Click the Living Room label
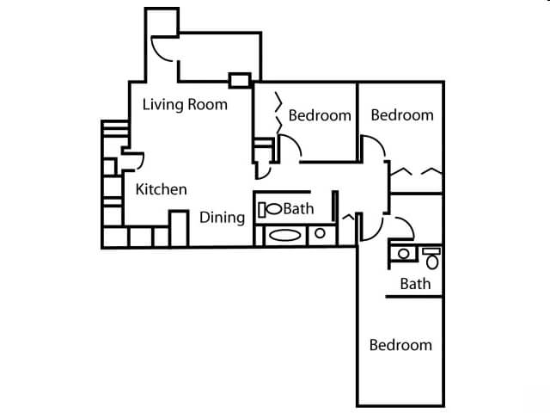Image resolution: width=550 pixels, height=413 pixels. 185,105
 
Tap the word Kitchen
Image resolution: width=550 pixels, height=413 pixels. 162,189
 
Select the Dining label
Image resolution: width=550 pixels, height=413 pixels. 223,217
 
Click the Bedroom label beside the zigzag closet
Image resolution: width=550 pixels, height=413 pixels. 320,115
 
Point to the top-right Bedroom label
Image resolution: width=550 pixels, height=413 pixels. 402,115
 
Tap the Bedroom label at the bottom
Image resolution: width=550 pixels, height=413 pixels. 400,345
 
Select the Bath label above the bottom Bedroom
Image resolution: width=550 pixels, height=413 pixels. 415,284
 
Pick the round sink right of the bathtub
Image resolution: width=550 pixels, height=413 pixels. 320,232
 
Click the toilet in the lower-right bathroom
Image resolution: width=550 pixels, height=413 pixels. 431,256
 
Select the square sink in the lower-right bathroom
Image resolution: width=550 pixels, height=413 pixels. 402,253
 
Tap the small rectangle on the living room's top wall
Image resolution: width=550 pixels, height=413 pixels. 238,82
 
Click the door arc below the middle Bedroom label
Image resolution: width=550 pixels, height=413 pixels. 290,149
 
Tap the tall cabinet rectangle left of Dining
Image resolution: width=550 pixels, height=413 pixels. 179,228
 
